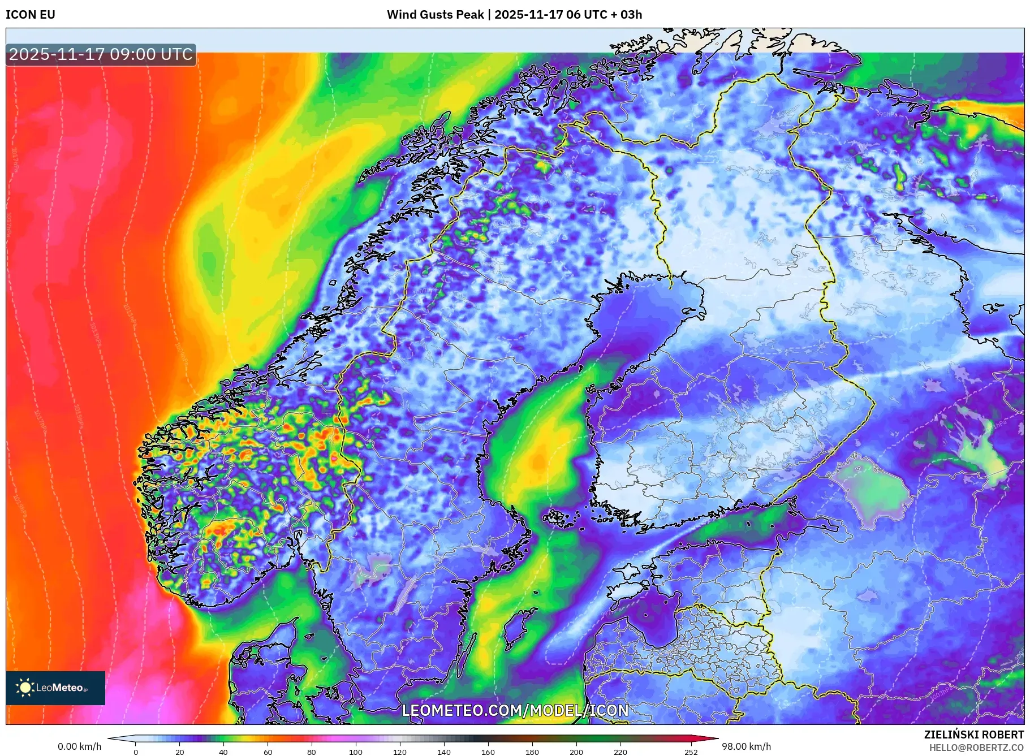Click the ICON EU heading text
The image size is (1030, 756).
(x=31, y=15)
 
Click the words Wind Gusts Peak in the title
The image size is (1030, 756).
(x=435, y=15)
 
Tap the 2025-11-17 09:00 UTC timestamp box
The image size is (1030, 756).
(x=101, y=54)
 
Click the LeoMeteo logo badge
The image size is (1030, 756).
(x=55, y=688)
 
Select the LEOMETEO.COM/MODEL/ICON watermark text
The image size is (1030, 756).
(x=515, y=710)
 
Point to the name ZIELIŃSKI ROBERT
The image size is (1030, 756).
(x=973, y=735)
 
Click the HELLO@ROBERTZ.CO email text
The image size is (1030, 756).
(x=976, y=748)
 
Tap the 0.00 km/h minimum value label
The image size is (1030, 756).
(x=79, y=746)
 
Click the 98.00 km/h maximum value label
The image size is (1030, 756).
(x=746, y=746)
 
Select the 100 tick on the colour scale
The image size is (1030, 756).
(x=356, y=751)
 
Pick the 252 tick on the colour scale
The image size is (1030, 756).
(x=691, y=751)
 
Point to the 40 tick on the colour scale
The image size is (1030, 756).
(x=223, y=751)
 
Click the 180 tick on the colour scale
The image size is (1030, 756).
(x=532, y=751)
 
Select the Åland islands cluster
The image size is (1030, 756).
(x=560, y=517)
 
